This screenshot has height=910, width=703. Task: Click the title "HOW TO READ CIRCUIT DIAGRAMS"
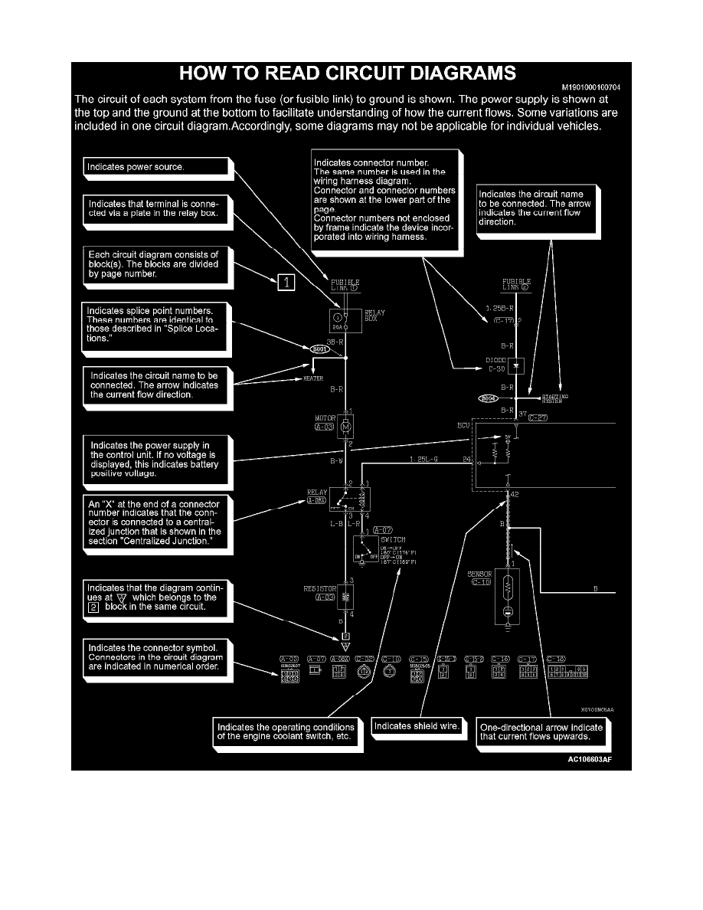click(347, 74)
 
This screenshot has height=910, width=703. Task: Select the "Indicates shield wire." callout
click(418, 725)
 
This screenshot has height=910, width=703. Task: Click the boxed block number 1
click(285, 283)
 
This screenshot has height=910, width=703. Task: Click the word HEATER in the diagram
click(314, 379)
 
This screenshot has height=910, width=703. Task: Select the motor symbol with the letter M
click(345, 426)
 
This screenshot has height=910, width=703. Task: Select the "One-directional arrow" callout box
click(541, 732)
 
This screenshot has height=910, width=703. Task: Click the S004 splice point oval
click(488, 398)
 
